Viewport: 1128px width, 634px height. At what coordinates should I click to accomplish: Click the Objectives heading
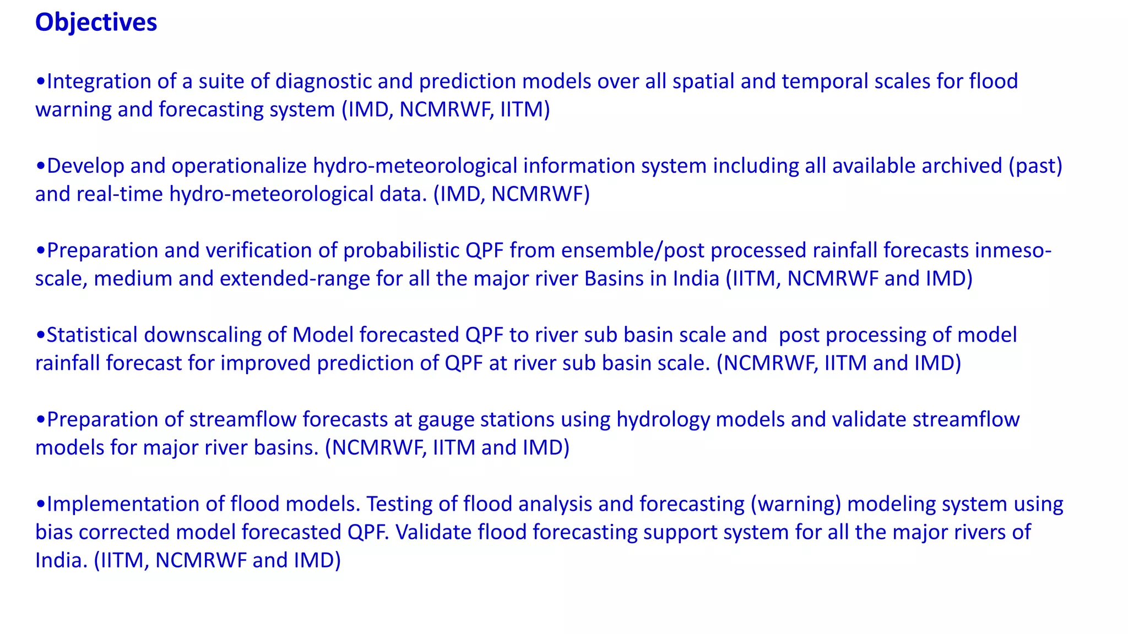pos(96,23)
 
